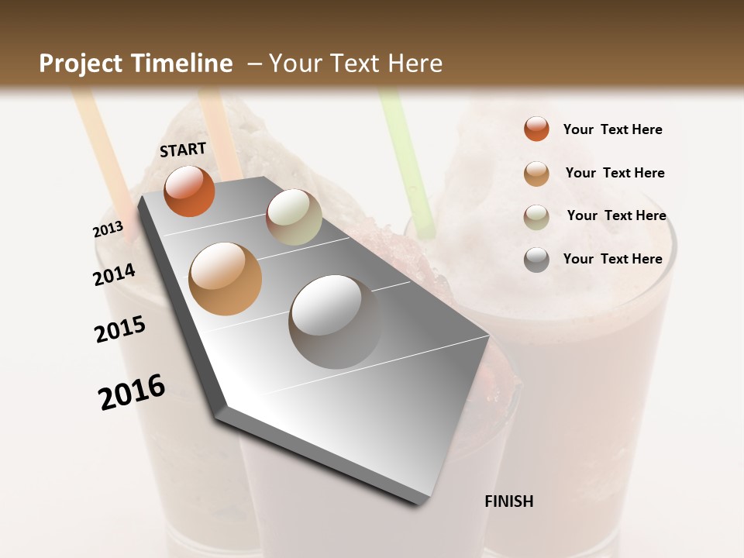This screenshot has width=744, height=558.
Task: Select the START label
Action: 183,150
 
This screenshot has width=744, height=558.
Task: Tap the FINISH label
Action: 509,501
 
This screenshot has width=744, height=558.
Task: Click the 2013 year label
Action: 108,229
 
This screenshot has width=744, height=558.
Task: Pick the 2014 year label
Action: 115,274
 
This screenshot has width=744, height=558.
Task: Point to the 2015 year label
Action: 120,329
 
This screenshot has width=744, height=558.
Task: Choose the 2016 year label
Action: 133,392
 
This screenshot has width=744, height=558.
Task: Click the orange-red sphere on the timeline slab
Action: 189,191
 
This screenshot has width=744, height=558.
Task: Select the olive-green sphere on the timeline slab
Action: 294,217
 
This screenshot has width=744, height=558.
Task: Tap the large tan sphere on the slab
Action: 226,278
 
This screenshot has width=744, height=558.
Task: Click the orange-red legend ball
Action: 536,129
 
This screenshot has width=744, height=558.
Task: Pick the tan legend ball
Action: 536,173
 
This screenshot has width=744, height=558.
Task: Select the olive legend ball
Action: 536,216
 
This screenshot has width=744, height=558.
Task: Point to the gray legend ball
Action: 536,260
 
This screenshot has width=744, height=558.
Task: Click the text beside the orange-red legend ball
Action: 612,129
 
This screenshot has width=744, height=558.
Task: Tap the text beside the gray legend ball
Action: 612,259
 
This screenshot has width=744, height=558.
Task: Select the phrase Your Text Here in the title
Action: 356,64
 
